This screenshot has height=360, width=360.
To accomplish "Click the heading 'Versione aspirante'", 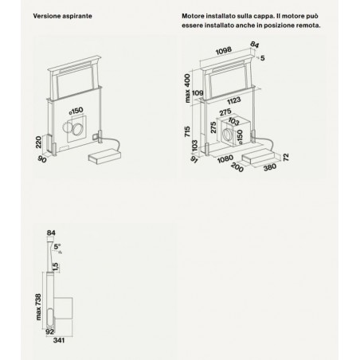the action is click(x=62, y=16).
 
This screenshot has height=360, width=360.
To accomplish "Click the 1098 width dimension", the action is click(x=223, y=50).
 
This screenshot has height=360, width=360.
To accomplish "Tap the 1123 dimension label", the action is click(x=234, y=100).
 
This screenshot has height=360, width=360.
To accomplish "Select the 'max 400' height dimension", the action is click(x=187, y=88).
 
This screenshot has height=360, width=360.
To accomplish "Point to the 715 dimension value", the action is click(x=187, y=131).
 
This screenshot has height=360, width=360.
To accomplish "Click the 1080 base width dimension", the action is click(x=225, y=158).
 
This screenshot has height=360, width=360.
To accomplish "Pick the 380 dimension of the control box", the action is click(x=270, y=167).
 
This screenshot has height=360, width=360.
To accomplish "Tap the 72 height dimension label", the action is click(x=286, y=158).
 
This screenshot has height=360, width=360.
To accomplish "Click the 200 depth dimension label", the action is click(x=237, y=167).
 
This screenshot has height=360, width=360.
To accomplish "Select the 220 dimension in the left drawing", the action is click(x=39, y=142).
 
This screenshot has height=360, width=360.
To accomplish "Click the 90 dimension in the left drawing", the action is click(x=42, y=159).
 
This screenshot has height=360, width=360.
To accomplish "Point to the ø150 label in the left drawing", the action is click(x=76, y=111).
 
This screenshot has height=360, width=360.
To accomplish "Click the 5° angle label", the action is click(x=57, y=247).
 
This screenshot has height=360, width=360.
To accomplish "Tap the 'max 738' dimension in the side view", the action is click(x=38, y=307).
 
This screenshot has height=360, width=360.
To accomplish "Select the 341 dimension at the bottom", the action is click(x=59, y=340).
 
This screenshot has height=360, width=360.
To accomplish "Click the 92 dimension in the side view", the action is click(x=49, y=331).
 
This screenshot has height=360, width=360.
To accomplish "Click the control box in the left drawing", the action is click(x=104, y=157).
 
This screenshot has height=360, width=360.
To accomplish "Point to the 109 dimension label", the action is click(x=198, y=93).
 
